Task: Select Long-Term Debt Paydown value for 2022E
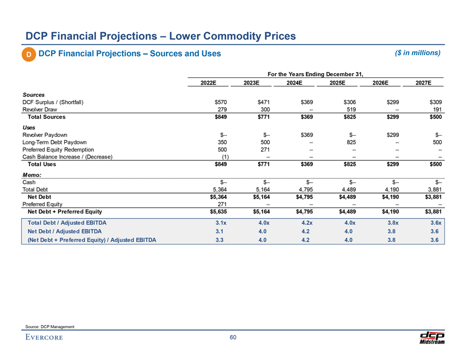(221, 142)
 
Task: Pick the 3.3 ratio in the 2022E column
(222, 240)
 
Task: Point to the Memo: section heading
(31, 174)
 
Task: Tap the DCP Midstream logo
(431, 337)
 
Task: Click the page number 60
(233, 338)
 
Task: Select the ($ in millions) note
(417, 53)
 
